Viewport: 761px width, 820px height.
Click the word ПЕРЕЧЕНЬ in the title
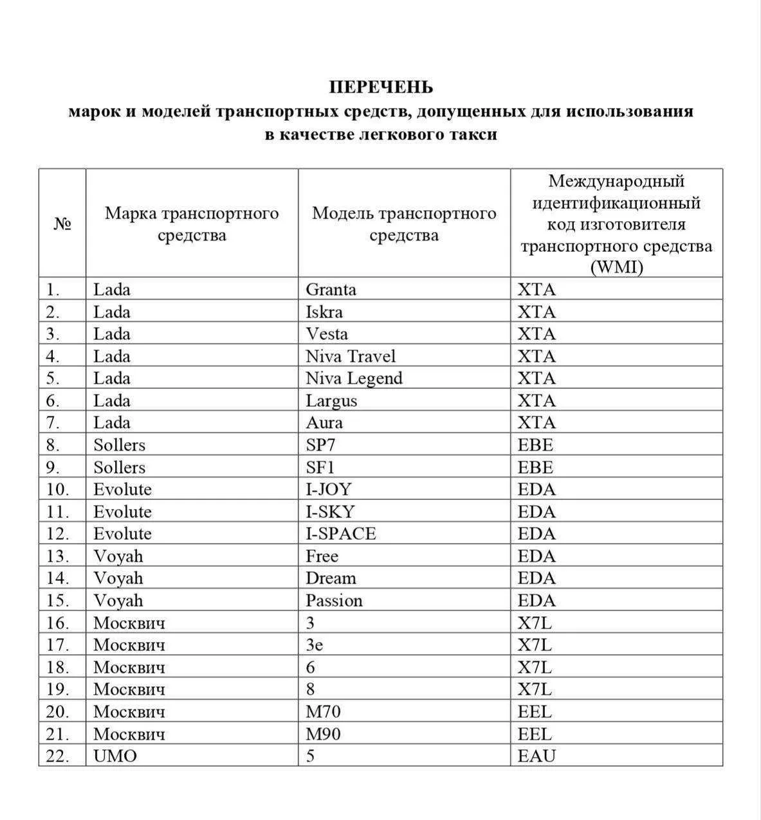(x=381, y=87)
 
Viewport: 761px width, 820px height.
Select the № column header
(x=62, y=224)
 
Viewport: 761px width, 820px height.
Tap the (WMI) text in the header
(x=616, y=267)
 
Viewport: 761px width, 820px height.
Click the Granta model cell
(x=331, y=290)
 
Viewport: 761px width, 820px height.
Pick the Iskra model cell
(x=324, y=312)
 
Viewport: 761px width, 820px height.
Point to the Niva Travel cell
(x=351, y=357)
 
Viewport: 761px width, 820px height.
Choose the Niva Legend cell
(x=354, y=379)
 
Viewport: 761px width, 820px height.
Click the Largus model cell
(x=331, y=401)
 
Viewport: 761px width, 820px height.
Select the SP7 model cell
(x=320, y=445)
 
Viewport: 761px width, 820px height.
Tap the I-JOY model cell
(x=329, y=490)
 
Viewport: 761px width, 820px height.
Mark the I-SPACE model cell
(x=341, y=534)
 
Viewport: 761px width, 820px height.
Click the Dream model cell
(x=331, y=578)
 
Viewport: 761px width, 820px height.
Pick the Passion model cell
(x=334, y=601)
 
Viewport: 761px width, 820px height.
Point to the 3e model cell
(x=314, y=645)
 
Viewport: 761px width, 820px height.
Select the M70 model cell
(x=323, y=712)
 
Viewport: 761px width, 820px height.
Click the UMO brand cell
(x=115, y=756)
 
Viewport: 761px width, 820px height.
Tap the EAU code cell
(x=536, y=756)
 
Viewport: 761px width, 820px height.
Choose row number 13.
(x=57, y=557)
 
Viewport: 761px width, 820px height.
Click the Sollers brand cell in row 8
(x=119, y=445)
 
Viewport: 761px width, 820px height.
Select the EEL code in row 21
(x=535, y=734)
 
